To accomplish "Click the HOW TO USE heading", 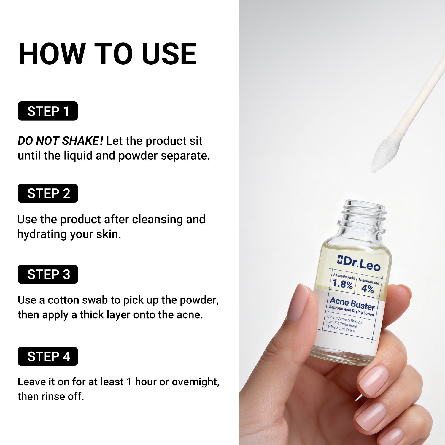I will click(107, 54).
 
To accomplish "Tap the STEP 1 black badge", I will click(48, 111).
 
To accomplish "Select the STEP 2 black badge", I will click(48, 193).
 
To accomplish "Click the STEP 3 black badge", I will click(48, 274).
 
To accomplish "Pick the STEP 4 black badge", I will click(48, 357).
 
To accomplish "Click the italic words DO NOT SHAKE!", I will click(60, 141).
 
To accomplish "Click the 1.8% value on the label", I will click(342, 284).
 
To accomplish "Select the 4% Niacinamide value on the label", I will click(367, 289).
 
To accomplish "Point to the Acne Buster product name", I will click(352, 303).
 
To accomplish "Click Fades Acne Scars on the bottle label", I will click(340, 328).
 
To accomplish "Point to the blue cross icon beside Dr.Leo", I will click(340, 260).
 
